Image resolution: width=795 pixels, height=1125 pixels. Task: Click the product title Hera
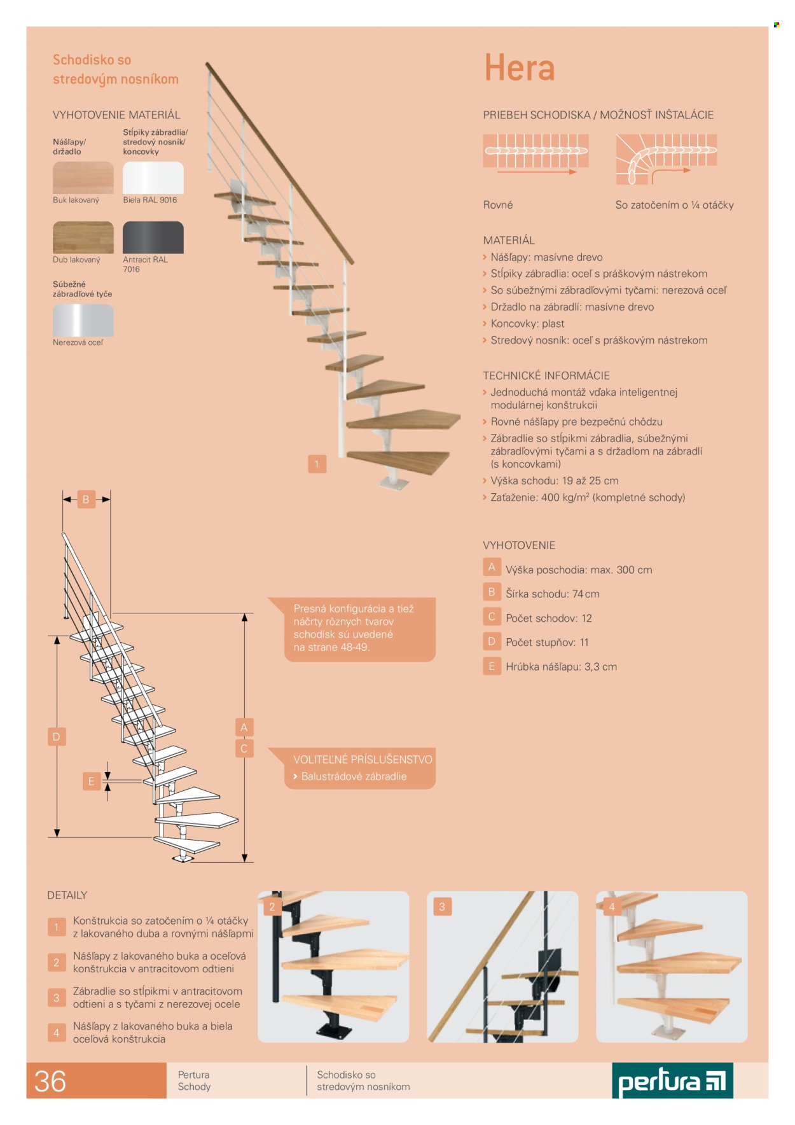pyautogui.click(x=519, y=68)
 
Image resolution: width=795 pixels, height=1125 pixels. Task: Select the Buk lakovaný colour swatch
pyautogui.click(x=83, y=178)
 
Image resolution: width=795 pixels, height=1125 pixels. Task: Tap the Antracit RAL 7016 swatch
pyautogui.click(x=153, y=237)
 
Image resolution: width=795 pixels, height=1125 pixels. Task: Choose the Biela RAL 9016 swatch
pyautogui.click(x=153, y=178)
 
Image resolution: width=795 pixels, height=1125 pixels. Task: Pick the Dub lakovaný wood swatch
pyautogui.click(x=83, y=237)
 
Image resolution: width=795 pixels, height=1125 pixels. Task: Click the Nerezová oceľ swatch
pyautogui.click(x=83, y=320)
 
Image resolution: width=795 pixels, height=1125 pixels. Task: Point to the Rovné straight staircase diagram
pyautogui.click(x=536, y=154)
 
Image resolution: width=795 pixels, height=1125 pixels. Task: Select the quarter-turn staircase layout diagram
pyautogui.click(x=667, y=159)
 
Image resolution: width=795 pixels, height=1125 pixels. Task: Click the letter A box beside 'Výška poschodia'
pyautogui.click(x=492, y=567)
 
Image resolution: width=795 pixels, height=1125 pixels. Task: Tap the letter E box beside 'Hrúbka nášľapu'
pyautogui.click(x=492, y=666)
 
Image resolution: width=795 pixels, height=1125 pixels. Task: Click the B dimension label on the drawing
pyautogui.click(x=86, y=500)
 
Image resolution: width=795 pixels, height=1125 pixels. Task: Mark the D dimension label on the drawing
pyautogui.click(x=57, y=737)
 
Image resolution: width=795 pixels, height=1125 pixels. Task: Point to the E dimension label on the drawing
pyautogui.click(x=92, y=781)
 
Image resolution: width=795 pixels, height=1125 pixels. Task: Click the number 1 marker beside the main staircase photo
pyautogui.click(x=317, y=464)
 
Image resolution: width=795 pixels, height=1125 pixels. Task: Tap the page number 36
pyautogui.click(x=50, y=1081)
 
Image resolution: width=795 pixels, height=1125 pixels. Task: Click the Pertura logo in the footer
pyautogui.click(x=672, y=1080)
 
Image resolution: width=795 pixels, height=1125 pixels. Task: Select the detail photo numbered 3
pyautogui.click(x=502, y=967)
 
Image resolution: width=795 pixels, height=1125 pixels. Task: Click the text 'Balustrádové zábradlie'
pyautogui.click(x=354, y=776)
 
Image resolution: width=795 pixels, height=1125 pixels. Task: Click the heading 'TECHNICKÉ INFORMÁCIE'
pyautogui.click(x=546, y=375)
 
